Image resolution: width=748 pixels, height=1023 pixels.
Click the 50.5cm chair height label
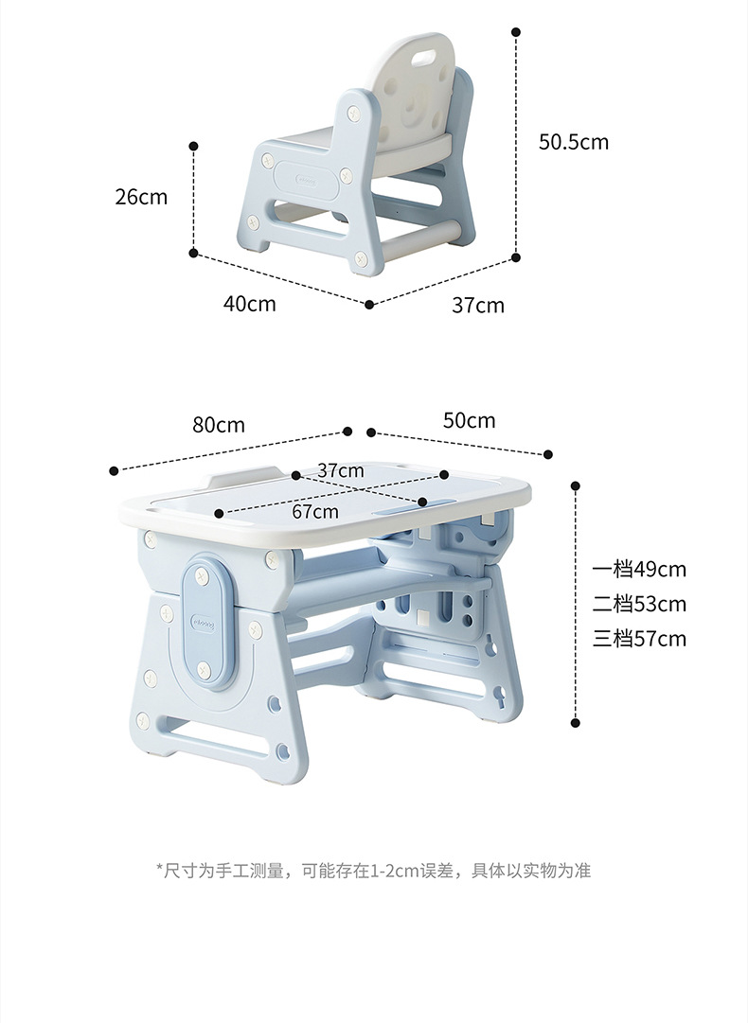pyautogui.click(x=573, y=142)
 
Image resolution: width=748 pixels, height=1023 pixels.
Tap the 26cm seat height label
pyautogui.click(x=140, y=197)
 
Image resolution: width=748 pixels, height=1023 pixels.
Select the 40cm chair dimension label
pyautogui.click(x=250, y=304)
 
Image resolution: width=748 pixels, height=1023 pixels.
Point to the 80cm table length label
pyautogui.click(x=219, y=425)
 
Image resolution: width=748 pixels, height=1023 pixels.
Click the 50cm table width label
pyautogui.click(x=469, y=420)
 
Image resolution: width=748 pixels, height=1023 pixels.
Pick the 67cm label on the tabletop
pyautogui.click(x=315, y=512)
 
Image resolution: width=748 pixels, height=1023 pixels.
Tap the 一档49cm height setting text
pyautogui.click(x=639, y=570)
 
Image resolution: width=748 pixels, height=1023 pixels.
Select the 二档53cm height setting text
pyautogui.click(x=639, y=604)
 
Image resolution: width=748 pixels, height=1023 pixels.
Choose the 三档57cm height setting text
pyautogui.click(x=639, y=639)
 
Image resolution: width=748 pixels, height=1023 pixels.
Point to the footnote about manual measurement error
pyautogui.click(x=374, y=871)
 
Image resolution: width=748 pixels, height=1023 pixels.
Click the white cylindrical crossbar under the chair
pyautogui.click(x=431, y=233)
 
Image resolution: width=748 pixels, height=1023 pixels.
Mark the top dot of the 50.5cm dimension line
pyautogui.click(x=516, y=32)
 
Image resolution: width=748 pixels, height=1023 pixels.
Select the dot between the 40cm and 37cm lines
pyautogui.click(x=369, y=305)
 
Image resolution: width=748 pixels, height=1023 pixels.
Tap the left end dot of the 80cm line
pyautogui.click(x=114, y=470)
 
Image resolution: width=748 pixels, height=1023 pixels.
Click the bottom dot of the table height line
pyautogui.click(x=576, y=723)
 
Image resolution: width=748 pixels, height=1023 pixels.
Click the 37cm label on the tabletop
pyautogui.click(x=341, y=470)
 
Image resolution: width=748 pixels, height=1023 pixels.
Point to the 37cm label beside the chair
pyautogui.click(x=477, y=305)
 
